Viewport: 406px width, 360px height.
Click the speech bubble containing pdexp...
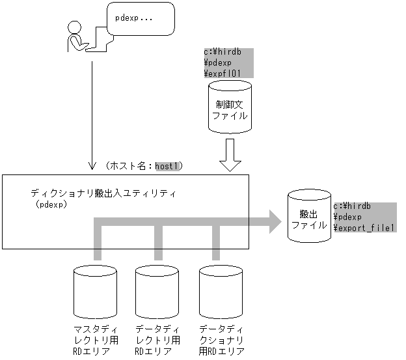pos(140,19)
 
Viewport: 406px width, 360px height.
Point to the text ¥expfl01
pos(223,73)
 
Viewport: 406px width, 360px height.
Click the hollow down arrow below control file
pos(230,156)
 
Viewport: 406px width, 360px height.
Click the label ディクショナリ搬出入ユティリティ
pos(103,193)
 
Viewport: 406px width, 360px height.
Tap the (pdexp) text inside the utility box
pos(54,204)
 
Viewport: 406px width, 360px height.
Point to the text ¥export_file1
pos(364,228)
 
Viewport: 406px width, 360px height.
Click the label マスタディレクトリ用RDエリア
pos(96,339)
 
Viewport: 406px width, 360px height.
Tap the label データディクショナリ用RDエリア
pos(221,339)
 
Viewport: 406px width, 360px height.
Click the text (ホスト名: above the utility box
pos(128,167)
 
